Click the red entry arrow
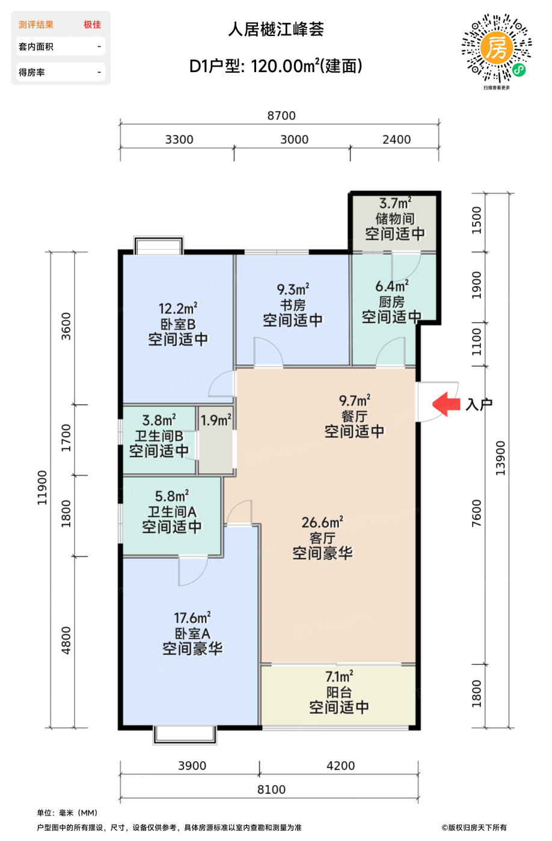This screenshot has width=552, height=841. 446,404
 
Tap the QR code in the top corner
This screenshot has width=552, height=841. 496,48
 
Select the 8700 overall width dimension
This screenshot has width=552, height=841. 281,115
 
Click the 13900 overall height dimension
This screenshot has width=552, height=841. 500,458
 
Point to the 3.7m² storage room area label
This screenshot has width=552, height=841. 394,204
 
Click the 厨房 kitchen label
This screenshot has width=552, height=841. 391,302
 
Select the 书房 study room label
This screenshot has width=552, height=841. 292,305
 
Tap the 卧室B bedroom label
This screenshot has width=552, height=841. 178,324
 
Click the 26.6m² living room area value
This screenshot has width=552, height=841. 322,522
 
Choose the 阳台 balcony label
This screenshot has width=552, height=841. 339,692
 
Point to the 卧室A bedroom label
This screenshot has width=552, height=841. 192,634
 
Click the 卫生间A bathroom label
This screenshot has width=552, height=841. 172,512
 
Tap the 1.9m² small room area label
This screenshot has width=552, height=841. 215,421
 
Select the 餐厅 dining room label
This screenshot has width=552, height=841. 354,416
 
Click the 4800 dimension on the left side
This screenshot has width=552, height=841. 66,640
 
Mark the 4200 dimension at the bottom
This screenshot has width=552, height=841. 340,766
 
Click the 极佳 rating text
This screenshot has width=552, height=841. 92,25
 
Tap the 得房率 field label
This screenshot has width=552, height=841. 32,72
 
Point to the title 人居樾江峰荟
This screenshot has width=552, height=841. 276,29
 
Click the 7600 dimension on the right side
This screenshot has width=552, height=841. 476,513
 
